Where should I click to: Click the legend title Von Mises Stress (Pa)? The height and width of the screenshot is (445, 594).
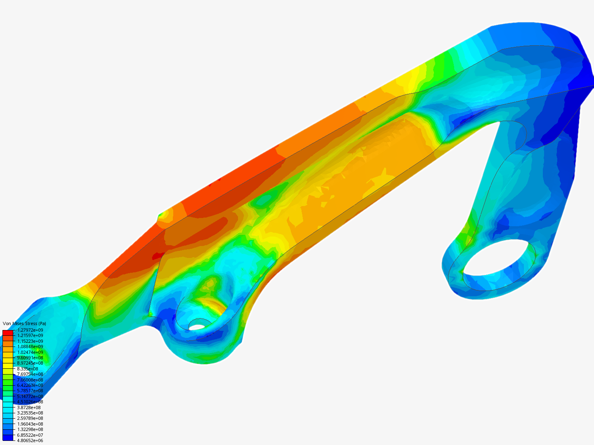24,323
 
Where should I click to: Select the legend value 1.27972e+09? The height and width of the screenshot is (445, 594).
30,330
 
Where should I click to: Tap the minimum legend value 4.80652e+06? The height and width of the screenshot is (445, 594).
30,440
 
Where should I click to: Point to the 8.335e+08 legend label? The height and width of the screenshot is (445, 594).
28,369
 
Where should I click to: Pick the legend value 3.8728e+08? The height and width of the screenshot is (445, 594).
29,408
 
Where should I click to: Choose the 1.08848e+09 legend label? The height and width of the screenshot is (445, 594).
30,347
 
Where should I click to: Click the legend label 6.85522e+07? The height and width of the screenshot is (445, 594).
30,435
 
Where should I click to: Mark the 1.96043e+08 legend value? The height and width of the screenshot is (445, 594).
30,424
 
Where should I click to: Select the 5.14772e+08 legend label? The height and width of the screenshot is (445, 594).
30,396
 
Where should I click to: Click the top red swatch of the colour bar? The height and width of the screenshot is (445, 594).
8,333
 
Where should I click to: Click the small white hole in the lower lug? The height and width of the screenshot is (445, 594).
197,327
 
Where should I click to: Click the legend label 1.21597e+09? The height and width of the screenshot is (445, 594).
30,335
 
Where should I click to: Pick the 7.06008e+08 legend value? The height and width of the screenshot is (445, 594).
30,380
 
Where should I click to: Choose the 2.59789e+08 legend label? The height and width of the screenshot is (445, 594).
30,418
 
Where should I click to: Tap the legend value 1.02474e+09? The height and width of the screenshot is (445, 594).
30,352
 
